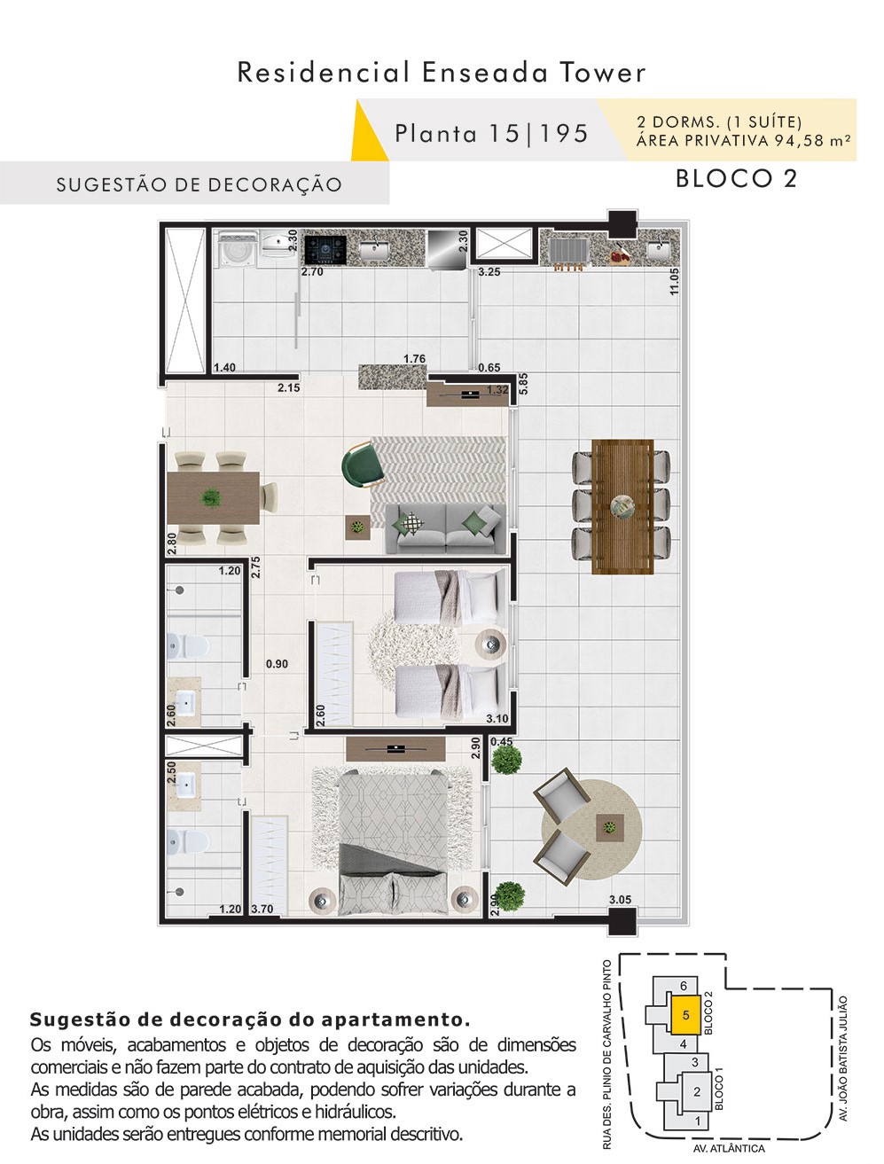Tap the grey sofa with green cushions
445,527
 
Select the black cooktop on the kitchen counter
325,250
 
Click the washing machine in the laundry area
237,247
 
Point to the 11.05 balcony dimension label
674,281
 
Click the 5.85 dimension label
523,383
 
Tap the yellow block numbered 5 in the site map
685,1014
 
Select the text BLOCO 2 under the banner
736,178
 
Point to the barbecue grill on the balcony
568,252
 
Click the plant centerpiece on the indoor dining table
210,497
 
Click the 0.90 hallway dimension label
277,663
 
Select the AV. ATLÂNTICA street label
729,1148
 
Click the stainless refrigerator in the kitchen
447,249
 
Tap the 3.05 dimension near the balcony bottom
620,899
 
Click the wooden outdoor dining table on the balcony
622,506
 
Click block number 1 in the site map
698,1121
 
